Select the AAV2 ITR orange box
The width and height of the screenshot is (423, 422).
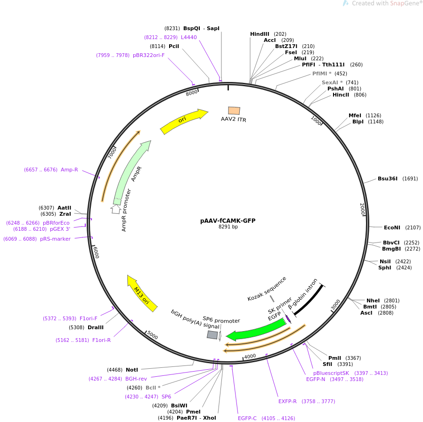[234, 111]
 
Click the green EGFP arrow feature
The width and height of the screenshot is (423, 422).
[257, 330]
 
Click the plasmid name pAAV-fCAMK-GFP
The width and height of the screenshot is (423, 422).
[228, 220]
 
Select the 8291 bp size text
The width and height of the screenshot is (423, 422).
[228, 227]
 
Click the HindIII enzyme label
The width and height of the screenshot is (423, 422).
[260, 34]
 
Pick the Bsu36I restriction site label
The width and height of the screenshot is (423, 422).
[388, 179]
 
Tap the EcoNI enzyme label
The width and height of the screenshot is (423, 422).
[392, 227]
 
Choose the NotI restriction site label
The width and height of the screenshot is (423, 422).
[132, 370]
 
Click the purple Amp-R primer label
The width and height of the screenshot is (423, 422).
[69, 170]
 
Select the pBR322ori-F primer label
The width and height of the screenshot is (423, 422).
[149, 55]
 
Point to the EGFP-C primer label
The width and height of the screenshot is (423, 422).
[247, 418]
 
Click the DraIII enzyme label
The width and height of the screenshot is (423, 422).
[96, 327]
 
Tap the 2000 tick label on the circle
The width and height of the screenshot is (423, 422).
[362, 209]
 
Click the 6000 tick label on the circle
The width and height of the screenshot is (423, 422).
[96, 252]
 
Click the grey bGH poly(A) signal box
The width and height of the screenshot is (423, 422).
[212, 335]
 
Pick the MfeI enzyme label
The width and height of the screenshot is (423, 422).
[355, 115]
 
